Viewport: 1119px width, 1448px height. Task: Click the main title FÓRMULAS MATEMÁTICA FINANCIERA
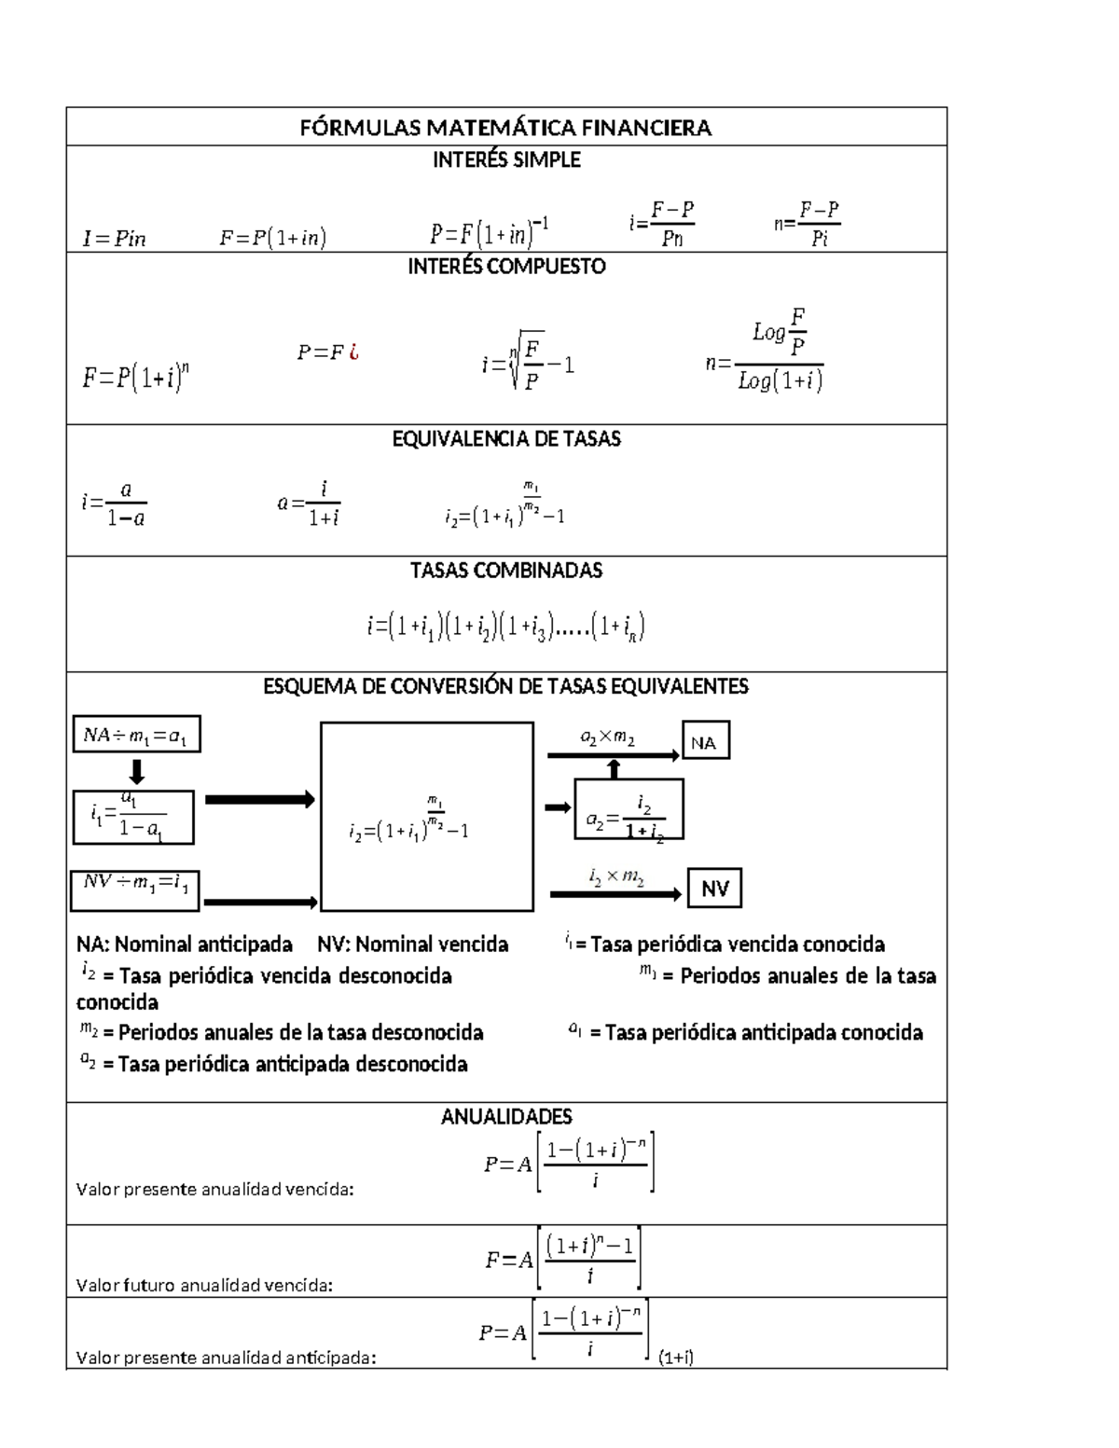[505, 128]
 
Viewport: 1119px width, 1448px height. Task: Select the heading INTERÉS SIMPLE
[506, 160]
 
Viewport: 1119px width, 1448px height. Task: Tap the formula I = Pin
[114, 239]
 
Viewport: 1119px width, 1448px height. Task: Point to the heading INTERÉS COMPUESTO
[506, 267]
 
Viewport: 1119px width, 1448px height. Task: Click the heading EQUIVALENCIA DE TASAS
[506, 439]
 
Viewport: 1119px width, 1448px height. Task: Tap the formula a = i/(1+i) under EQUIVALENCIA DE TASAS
[309, 503]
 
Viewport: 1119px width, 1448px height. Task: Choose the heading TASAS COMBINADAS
[506, 571]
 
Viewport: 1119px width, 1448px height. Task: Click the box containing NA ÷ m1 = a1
[136, 735]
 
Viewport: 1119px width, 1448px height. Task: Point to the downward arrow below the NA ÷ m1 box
[136, 772]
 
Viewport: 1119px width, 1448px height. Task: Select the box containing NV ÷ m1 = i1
[135, 889]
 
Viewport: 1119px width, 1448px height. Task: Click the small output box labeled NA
[705, 742]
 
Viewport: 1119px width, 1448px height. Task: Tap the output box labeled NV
[715, 889]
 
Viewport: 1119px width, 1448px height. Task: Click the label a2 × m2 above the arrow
[608, 738]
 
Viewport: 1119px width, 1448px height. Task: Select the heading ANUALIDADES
[506, 1117]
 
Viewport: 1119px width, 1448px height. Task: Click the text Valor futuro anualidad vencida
[203, 1286]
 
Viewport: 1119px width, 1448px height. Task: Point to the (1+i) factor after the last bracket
[676, 1358]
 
